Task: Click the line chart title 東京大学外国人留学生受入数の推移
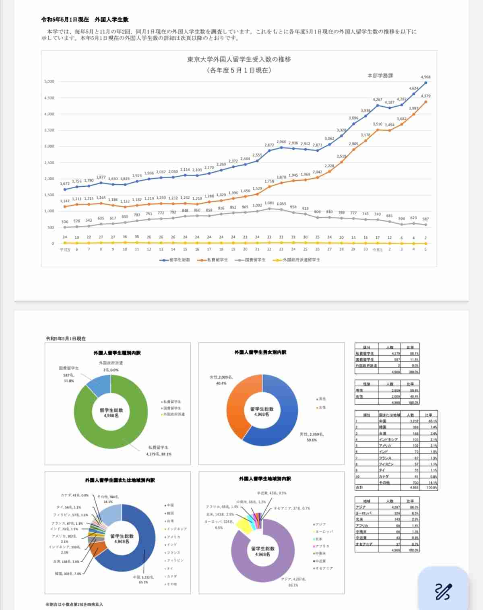coord(239,59)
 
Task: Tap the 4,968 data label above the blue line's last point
coord(425,77)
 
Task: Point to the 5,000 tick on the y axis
coord(49,82)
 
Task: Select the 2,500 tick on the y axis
coord(49,163)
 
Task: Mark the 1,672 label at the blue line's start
coord(65,184)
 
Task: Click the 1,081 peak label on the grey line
coord(269,203)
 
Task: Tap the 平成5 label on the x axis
coord(65,249)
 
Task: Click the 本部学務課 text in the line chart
coord(380,76)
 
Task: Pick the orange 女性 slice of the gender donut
coord(235,402)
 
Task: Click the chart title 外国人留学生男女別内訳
coord(260,352)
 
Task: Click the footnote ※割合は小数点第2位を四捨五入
coord(74,604)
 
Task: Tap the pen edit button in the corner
coord(443,591)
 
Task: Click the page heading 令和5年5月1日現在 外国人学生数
coord(85,19)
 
